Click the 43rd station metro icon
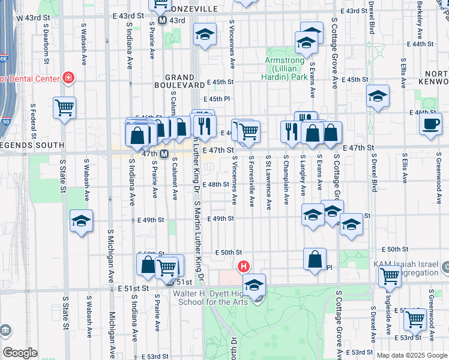(162, 20)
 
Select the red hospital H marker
(244, 266)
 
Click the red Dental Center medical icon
(68, 79)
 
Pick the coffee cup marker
(430, 124)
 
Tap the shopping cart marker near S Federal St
(64, 107)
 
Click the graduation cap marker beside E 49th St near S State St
(82, 220)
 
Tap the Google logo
(20, 353)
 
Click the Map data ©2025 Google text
(412, 355)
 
